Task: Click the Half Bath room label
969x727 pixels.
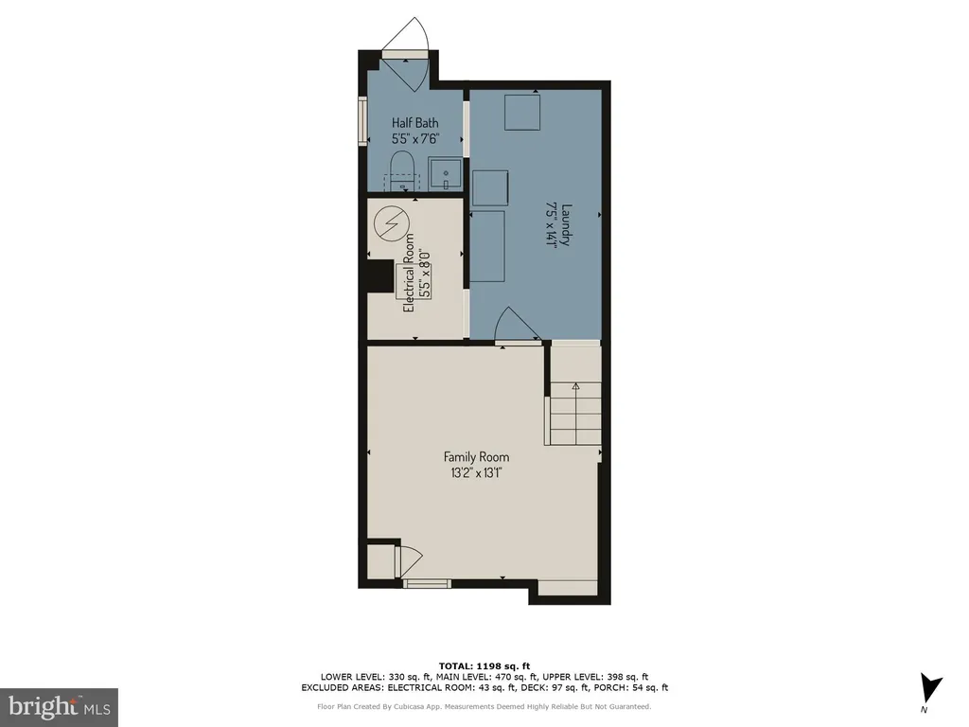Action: click(414, 122)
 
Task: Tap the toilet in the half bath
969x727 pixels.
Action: click(402, 170)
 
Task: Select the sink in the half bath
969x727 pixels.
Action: click(445, 174)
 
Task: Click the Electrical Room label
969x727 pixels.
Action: click(409, 272)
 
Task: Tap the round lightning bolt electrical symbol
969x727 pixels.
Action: click(392, 222)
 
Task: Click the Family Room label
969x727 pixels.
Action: click(477, 457)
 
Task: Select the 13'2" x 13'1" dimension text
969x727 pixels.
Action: click(477, 473)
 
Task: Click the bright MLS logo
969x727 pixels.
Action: click(59, 707)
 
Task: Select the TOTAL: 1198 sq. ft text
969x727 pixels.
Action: click(484, 665)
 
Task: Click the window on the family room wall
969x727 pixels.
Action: click(427, 583)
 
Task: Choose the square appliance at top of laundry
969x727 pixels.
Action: click(522, 112)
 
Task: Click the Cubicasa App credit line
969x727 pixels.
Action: click(484, 706)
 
